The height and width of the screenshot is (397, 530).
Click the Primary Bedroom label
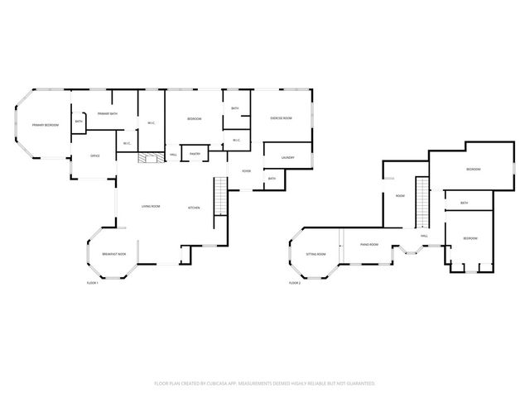click(x=45, y=125)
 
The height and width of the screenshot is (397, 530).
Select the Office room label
click(x=95, y=155)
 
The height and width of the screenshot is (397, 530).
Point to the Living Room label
click(x=150, y=207)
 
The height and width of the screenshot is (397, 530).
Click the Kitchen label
click(x=193, y=208)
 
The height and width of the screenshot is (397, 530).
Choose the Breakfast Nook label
click(x=113, y=254)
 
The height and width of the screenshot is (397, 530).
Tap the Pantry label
click(x=195, y=154)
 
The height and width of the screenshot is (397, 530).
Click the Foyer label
click(x=246, y=171)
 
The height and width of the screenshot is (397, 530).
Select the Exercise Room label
click(x=281, y=118)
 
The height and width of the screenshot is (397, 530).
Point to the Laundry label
click(x=287, y=158)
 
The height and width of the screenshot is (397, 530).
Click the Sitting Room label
click(x=316, y=254)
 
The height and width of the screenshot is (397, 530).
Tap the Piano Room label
click(x=369, y=245)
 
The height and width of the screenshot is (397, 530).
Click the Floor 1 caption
click(x=93, y=284)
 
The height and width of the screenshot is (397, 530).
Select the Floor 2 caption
click(x=294, y=283)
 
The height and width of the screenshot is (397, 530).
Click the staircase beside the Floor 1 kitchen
click(x=219, y=198)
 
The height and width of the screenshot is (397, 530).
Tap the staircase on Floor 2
click(x=422, y=205)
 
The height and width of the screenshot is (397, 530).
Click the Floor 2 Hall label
click(x=424, y=237)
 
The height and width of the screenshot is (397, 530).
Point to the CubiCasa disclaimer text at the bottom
click(x=265, y=384)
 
